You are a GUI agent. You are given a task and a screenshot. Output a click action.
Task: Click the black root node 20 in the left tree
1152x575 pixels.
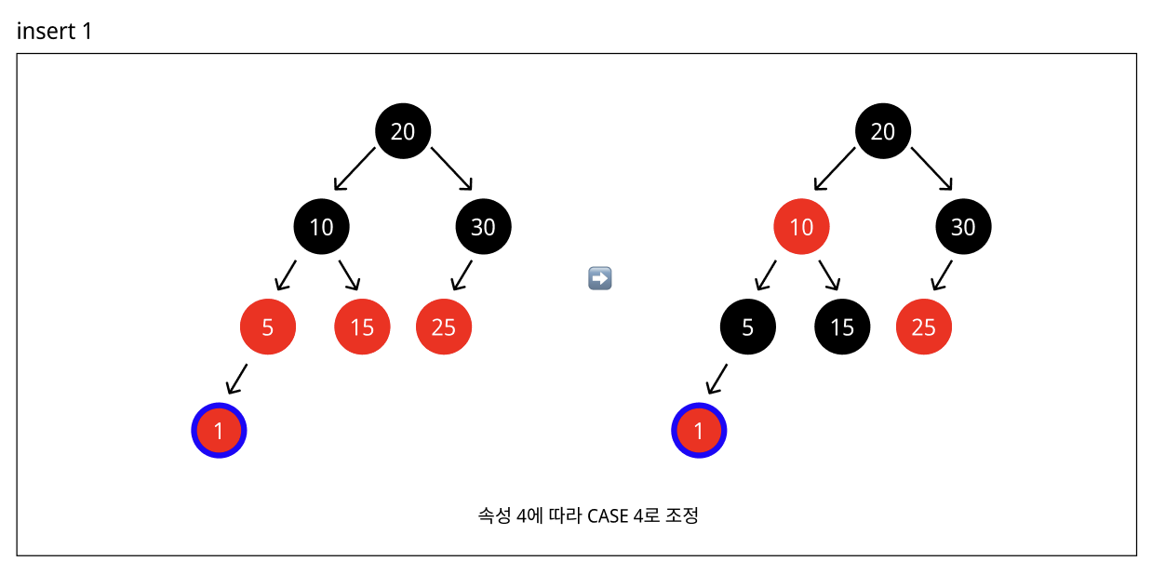[x=403, y=131]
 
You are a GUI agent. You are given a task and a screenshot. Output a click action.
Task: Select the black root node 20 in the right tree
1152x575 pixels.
[x=883, y=131]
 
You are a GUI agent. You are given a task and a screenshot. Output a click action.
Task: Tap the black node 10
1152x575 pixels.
[x=321, y=226]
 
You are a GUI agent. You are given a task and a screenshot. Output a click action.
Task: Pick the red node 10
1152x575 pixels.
[x=801, y=226]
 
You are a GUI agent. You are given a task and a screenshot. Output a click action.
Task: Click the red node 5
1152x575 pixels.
[x=268, y=328]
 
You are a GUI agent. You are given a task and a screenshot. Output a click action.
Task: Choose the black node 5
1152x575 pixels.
[x=748, y=328]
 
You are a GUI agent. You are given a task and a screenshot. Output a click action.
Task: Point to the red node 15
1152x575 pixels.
[x=362, y=328]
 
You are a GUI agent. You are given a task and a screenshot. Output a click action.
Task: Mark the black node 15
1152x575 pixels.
[x=842, y=328]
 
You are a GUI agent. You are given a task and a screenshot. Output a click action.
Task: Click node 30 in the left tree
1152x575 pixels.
[x=484, y=226]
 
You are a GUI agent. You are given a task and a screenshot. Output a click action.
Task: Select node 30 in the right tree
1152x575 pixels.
[x=964, y=226]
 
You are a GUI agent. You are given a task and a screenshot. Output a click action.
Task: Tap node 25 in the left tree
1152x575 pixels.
[x=444, y=328]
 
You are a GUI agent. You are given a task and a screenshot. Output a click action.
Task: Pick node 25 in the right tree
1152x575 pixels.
[x=924, y=328]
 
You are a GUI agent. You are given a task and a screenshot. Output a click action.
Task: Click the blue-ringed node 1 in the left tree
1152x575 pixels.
[x=219, y=431]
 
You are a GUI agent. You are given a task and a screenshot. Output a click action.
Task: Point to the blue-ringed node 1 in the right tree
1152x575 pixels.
[x=699, y=431]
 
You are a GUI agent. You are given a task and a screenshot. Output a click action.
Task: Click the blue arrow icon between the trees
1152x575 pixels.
[x=600, y=277]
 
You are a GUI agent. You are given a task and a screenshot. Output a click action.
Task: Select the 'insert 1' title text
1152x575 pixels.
[x=55, y=31]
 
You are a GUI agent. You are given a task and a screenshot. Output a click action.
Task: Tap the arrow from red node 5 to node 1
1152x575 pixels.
[x=237, y=379]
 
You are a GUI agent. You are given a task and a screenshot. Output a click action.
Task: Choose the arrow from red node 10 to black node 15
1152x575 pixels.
[x=830, y=275]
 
